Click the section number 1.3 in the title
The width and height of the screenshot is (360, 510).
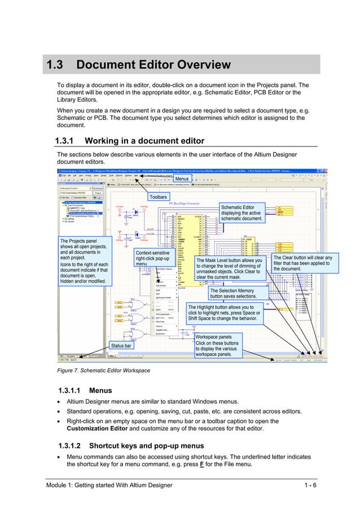coord(55,66)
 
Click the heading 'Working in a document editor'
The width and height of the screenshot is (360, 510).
coord(144,141)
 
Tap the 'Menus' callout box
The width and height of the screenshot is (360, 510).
coord(182,179)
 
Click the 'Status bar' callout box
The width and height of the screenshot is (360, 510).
coord(121,345)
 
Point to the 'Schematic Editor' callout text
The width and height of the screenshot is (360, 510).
coord(242,213)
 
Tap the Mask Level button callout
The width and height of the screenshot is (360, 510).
coord(230,268)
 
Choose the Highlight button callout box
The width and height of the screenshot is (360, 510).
coord(224,313)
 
